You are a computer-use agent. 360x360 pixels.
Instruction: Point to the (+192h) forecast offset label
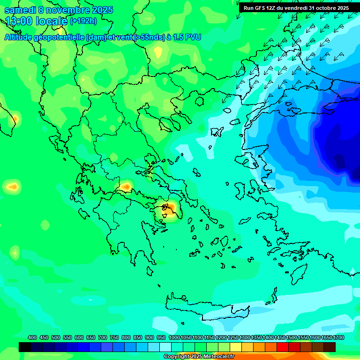[x=83, y=21]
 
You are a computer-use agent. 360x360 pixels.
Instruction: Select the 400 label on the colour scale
[x=32, y=337]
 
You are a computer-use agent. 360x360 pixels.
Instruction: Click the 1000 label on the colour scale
[x=174, y=337]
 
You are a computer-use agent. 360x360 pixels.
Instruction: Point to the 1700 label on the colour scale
[x=338, y=337]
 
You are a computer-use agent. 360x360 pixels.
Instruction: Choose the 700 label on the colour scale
[x=102, y=337]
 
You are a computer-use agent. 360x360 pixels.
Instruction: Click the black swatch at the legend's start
[x=25, y=347]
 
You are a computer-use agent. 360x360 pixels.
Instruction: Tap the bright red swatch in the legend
[x=283, y=347]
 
